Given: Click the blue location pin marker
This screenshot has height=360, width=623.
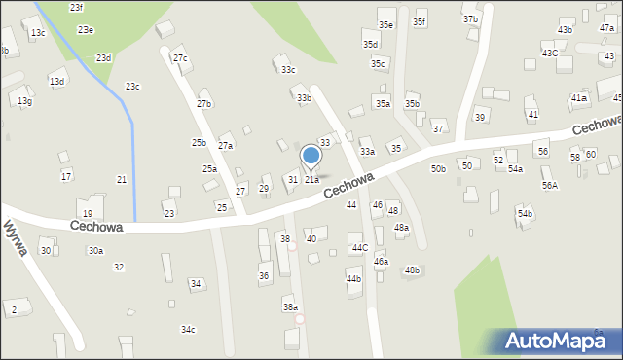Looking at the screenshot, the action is (x=311, y=156).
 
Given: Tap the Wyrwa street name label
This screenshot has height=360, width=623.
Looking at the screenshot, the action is (x=15, y=237).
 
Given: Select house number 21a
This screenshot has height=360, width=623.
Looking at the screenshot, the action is (x=311, y=180).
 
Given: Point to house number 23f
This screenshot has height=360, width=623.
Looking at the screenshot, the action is (x=76, y=7).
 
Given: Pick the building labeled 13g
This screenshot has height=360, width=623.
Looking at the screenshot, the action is (x=24, y=101).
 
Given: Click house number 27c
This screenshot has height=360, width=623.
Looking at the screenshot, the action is (x=180, y=58).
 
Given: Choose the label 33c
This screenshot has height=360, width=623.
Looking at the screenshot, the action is (x=288, y=70).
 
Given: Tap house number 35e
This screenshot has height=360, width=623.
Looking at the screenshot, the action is (x=386, y=25).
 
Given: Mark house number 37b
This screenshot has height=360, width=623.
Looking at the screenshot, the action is (x=471, y=19).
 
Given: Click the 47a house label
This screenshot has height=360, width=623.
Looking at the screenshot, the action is (x=606, y=28).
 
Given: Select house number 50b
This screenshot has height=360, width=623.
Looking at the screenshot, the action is (x=439, y=169).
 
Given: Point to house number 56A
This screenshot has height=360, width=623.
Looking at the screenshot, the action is (x=550, y=185).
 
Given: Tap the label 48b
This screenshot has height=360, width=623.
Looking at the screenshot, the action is (x=413, y=270).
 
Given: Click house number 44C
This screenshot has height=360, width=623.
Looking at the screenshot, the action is (x=360, y=248).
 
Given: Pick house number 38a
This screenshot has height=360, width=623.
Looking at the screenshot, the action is (x=290, y=307).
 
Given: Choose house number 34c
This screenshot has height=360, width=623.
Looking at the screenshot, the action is (x=188, y=330).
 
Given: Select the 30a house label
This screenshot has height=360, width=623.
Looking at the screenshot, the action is (x=95, y=251).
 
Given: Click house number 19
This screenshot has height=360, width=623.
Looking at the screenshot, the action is (x=87, y=214).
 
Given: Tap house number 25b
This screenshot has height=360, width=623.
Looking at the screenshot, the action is (x=199, y=143).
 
